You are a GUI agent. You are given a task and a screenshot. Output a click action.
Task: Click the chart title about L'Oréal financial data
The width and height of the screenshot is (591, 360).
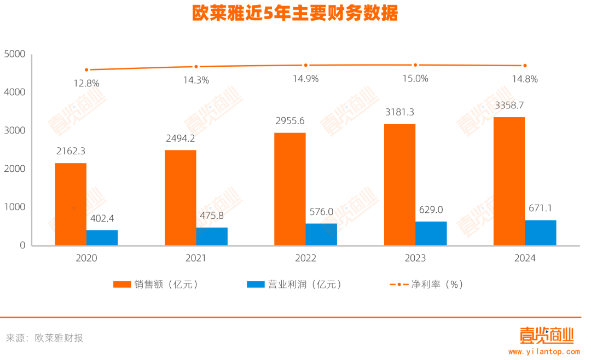[299, 12]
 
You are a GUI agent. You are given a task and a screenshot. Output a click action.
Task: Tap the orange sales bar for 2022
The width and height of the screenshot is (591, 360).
[290, 189]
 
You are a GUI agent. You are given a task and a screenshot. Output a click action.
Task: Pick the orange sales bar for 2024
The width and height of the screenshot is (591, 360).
[509, 181]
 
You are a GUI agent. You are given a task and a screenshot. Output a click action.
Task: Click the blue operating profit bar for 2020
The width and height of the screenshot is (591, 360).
[102, 237]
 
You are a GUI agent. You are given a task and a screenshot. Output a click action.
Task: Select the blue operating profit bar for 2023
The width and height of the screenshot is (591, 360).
[431, 233]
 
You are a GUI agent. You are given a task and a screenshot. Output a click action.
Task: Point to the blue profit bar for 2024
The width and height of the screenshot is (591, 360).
[541, 233]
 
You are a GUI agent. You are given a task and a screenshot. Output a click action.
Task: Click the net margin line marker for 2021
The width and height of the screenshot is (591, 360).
[196, 67]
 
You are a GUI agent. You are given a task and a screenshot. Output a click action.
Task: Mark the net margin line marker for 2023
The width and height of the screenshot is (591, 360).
[415, 65]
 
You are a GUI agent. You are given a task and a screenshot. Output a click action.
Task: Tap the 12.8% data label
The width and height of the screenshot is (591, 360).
[86, 83]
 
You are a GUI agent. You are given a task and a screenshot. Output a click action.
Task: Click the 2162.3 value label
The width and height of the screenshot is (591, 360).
[70, 150]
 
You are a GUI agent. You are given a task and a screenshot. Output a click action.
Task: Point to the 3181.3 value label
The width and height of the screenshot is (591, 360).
[399, 112]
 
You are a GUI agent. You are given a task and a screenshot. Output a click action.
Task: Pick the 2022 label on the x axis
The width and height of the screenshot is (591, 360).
[305, 258]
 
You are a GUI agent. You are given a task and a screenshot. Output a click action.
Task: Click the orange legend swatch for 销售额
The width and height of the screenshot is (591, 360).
[121, 284]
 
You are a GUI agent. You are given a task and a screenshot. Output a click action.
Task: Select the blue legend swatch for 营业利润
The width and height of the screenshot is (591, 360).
[256, 284]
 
